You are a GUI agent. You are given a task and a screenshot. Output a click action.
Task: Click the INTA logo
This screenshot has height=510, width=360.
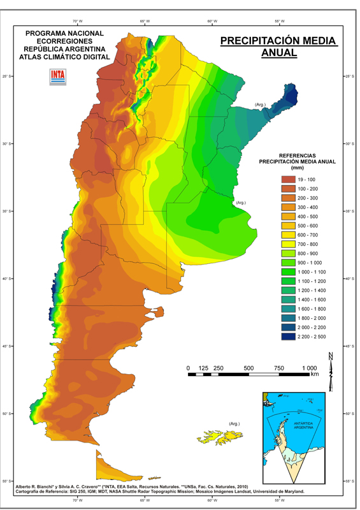(x=58, y=76)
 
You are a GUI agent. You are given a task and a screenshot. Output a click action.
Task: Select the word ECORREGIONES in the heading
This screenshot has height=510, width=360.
(x=64, y=40)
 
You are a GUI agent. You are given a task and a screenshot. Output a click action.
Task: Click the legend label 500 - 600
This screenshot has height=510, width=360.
(x=317, y=226)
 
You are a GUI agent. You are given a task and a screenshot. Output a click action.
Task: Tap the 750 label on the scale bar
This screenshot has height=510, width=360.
(x=278, y=368)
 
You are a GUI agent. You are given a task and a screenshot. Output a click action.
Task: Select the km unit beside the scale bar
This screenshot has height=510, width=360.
(x=315, y=375)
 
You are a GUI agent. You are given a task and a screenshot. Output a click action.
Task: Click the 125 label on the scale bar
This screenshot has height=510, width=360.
(x=204, y=368)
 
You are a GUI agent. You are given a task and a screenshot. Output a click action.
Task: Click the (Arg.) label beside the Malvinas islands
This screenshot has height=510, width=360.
(x=234, y=423)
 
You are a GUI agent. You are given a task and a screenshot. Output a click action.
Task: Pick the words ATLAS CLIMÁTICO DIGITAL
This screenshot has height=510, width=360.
(x=64, y=56)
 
